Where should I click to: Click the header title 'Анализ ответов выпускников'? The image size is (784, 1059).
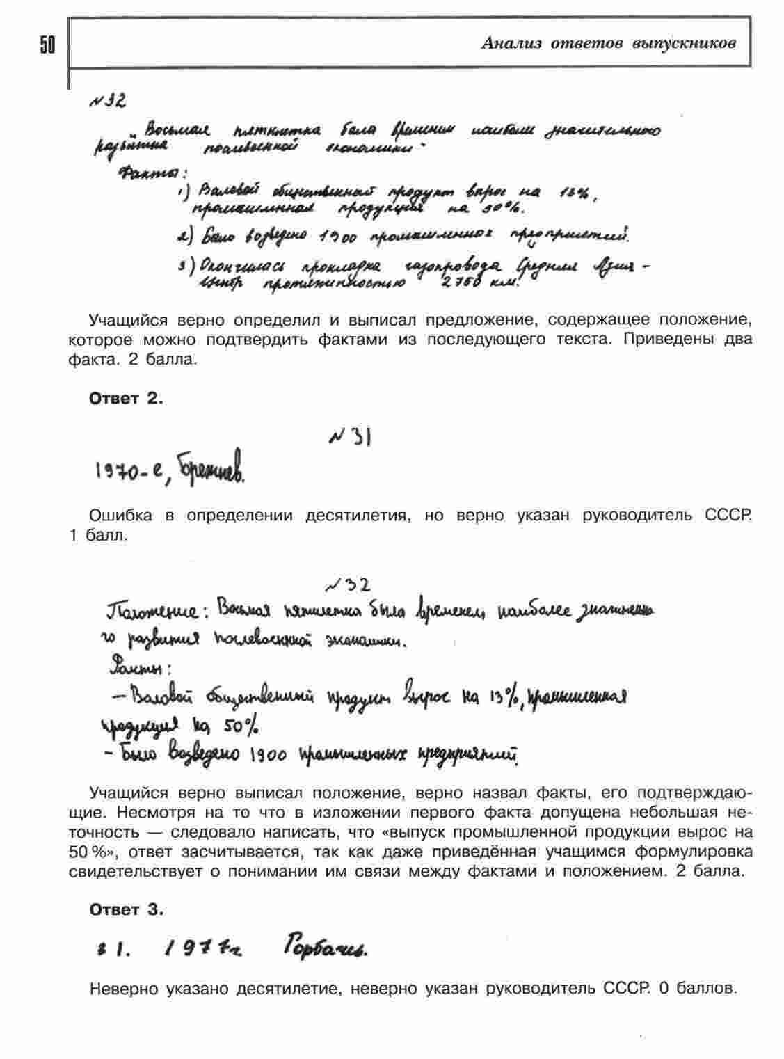coord(608,44)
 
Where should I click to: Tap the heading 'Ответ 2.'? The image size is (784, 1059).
coord(126,399)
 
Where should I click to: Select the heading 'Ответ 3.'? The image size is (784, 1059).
coord(126,909)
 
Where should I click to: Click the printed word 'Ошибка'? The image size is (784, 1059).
coord(120,516)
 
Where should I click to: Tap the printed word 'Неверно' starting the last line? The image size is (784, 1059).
coord(124,988)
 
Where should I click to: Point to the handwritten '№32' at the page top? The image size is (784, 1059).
coord(108,102)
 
